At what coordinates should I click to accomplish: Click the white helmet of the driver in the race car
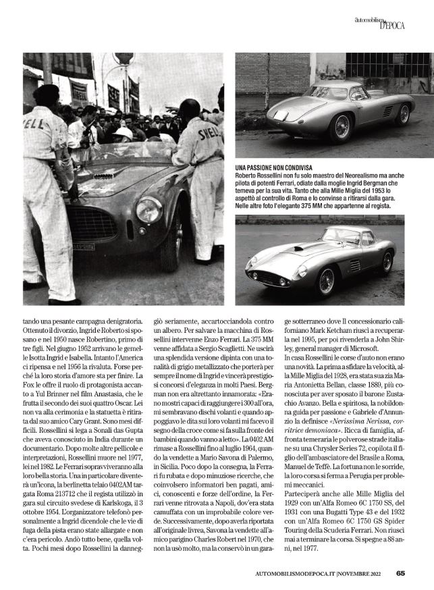pos(124,133)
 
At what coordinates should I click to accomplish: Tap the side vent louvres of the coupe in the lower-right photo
pos(354,265)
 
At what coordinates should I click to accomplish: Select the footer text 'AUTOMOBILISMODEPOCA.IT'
pos(302,574)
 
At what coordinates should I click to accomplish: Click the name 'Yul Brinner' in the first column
pos(50,382)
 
